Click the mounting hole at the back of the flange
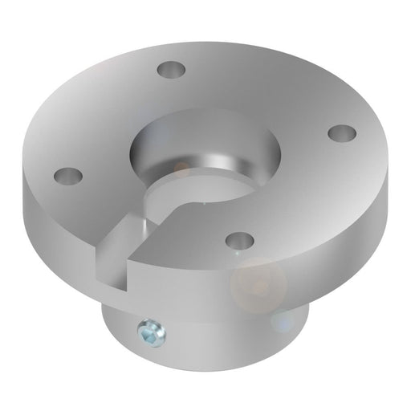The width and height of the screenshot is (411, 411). pyautogui.click(x=169, y=70)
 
